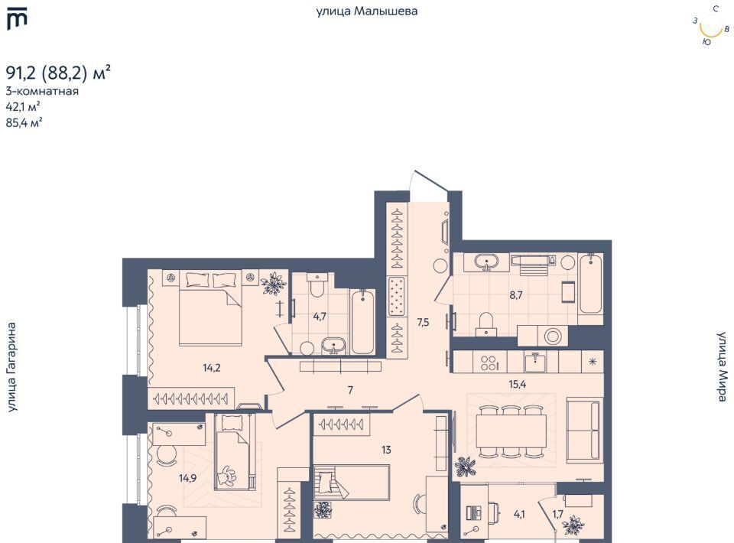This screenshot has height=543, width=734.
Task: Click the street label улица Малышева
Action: coord(366,11)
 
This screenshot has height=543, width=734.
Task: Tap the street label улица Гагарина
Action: coord(11,367)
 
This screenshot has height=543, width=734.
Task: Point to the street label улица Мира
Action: coord(723,366)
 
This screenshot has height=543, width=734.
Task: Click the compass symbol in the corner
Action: coord(710,26)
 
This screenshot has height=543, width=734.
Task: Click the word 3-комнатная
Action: coord(41,91)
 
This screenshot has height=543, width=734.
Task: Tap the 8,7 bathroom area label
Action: coord(516,295)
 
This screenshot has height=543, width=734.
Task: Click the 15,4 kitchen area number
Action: coord(518,385)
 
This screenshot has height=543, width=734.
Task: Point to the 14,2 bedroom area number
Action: coord(212,368)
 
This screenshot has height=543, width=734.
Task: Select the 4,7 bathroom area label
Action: coord(320,317)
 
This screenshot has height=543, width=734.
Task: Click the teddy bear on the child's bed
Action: coord(226,476)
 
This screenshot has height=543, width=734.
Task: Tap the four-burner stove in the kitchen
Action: coord(489,363)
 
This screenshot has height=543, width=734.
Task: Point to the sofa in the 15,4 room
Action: coord(583,431)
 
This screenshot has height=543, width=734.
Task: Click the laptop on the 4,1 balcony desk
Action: coord(475,512)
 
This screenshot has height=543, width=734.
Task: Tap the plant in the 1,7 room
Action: coord(573,525)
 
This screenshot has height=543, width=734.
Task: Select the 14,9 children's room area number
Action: coord(187,478)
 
